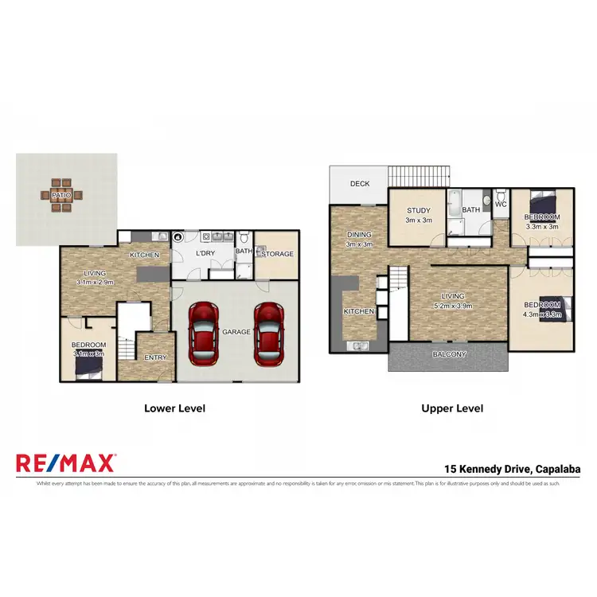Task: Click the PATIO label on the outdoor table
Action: [60, 195]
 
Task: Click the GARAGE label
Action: [237, 332]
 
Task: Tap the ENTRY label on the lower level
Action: [155, 357]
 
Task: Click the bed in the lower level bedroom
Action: [88, 364]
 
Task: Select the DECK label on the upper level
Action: [360, 184]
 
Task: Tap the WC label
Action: [501, 204]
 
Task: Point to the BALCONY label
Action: [449, 354]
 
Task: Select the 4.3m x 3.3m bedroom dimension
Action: [541, 315]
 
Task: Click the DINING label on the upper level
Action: [359, 235]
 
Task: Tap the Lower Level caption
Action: [174, 408]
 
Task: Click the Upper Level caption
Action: [452, 408]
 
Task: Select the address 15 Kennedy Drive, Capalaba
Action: [511, 469]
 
